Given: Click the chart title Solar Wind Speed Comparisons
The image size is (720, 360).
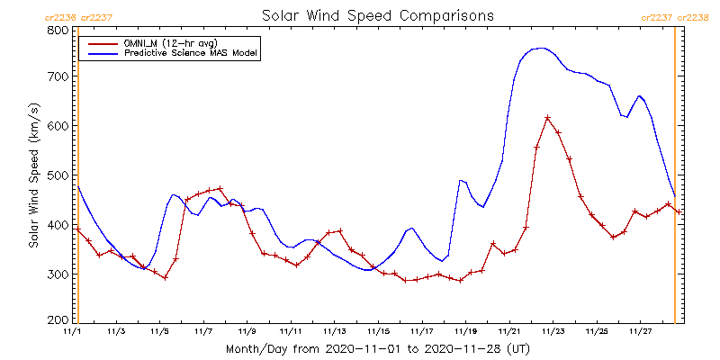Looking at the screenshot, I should (377, 16).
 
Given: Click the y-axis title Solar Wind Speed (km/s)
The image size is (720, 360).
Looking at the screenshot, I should (33, 175).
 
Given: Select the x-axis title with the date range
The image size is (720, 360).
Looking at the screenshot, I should (377, 347).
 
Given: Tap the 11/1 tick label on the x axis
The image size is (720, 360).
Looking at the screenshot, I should (72, 331).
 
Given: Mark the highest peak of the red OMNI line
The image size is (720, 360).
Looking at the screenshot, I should (547, 117).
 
